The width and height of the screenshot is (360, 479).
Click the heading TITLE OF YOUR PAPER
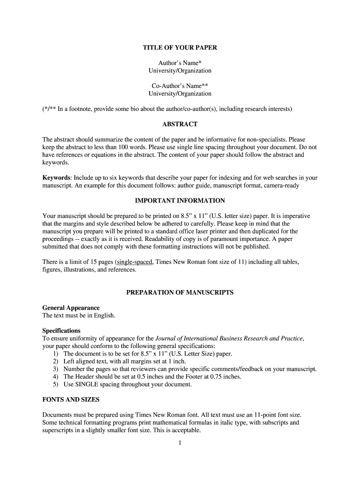[180, 48]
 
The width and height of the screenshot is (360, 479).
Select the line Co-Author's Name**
[180, 86]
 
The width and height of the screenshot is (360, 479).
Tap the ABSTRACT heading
[180, 124]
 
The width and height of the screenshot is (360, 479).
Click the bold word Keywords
[56, 178]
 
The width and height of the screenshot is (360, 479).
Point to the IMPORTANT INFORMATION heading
[180, 201]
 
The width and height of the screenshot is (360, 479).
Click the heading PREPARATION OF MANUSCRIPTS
[180, 293]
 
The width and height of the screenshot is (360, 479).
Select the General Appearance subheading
[71, 308]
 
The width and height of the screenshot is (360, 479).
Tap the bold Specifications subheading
[61, 331]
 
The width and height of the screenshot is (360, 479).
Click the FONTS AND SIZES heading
[71, 400]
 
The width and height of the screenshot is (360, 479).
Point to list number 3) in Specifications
[56, 369]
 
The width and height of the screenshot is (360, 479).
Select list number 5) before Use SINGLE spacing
[56, 385]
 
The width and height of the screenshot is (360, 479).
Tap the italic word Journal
[167, 338]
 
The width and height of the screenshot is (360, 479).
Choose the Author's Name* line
[180, 63]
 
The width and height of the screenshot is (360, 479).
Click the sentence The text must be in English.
[79, 315]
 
